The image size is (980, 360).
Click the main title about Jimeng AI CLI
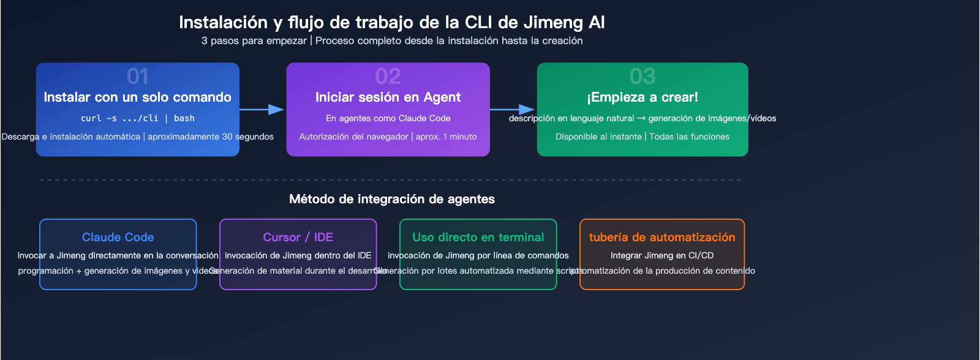point(392,23)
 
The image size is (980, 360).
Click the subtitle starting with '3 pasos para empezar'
point(392,41)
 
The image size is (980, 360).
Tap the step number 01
point(138,77)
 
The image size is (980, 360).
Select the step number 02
point(388,77)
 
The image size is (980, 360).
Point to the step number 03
point(643,77)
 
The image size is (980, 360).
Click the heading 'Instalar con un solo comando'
point(138,97)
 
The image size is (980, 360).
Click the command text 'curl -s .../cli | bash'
point(138,118)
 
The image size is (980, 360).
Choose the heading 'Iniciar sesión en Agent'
point(388,97)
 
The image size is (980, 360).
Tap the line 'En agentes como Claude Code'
point(388,118)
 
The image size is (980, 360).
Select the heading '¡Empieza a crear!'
point(643,97)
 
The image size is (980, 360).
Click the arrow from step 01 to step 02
point(262,110)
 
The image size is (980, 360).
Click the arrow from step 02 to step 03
point(513,110)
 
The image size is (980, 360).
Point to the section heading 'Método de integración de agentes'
point(392,199)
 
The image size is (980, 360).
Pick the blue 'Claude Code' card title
point(118,237)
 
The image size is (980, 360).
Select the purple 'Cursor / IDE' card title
point(298,237)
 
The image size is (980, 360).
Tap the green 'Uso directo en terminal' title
point(478,237)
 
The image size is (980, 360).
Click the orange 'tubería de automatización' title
point(662,237)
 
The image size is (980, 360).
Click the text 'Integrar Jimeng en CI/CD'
point(662,255)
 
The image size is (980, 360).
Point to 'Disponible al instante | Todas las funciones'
point(643,137)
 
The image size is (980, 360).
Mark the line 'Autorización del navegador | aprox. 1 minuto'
point(388,137)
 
